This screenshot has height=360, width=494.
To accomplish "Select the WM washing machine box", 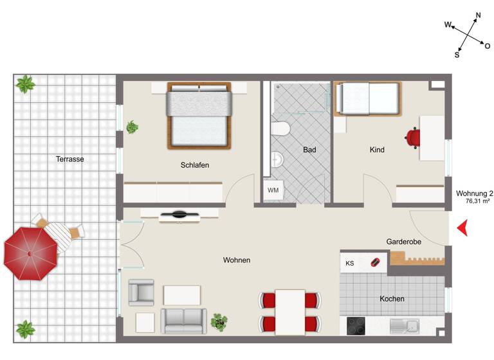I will pyautogui.click(x=273, y=190).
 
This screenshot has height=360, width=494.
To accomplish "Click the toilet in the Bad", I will pyautogui.click(x=280, y=129).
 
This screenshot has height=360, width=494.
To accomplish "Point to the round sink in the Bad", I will pyautogui.click(x=277, y=159).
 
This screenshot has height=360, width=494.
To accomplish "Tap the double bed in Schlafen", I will pyautogui.click(x=199, y=116).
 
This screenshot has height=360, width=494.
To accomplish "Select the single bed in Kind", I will pyautogui.click(x=367, y=99).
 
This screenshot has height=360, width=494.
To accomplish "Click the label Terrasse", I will pyautogui.click(x=70, y=159).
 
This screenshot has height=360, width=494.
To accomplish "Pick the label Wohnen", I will pyautogui.click(x=237, y=260).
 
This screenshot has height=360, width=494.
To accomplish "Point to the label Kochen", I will pyautogui.click(x=392, y=299).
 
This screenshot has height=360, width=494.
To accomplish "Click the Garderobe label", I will pyautogui.click(x=403, y=242).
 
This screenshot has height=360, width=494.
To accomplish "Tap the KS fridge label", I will pyautogui.click(x=350, y=263).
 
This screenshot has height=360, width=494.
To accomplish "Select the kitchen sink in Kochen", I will pyautogui.click(x=404, y=327).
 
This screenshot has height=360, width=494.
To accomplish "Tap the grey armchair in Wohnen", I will pyautogui.click(x=142, y=292).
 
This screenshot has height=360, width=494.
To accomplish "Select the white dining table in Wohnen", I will pyautogui.click(x=290, y=311).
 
